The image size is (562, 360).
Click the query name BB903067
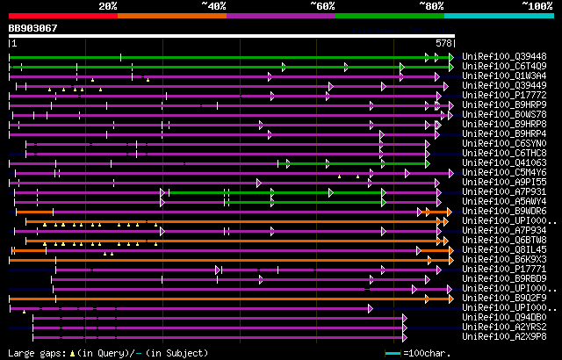coord(33,29)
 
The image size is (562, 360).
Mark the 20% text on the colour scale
coord(108,6)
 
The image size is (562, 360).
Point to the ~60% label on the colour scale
coord(322,6)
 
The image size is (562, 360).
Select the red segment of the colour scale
coord(62,15)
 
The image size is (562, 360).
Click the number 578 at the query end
coord(444,43)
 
